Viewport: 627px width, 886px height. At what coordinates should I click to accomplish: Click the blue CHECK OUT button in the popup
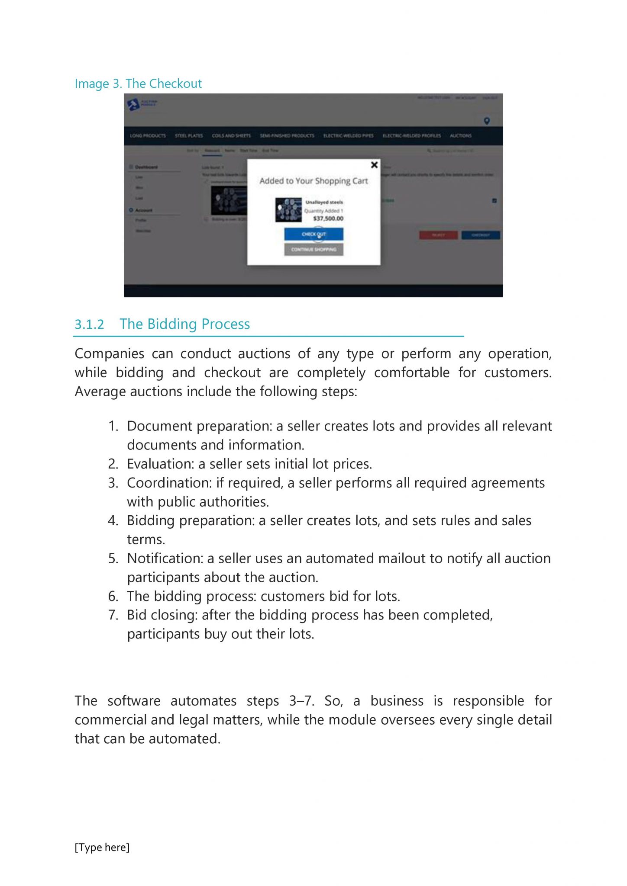point(313,234)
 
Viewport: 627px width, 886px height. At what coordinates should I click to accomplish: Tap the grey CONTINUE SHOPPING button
point(313,250)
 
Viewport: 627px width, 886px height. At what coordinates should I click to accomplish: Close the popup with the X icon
point(374,165)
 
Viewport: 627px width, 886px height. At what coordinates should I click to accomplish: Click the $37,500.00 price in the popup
point(328,218)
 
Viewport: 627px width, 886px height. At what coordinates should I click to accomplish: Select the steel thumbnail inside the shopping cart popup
point(288,210)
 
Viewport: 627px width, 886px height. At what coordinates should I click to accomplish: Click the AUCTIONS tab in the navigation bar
point(460,136)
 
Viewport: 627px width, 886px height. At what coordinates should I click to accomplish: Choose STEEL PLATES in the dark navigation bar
point(189,136)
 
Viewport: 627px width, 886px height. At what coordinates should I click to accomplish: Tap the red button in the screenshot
point(438,235)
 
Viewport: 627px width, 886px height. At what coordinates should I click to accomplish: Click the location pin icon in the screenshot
point(487,121)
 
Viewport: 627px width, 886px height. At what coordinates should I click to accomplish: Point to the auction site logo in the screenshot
point(141,104)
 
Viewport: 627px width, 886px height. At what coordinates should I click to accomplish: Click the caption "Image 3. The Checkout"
point(138,83)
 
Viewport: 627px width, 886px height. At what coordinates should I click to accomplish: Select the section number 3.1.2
point(89,324)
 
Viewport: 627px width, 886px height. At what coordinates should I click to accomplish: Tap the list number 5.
point(113,559)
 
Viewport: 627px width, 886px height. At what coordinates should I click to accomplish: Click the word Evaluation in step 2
point(160,464)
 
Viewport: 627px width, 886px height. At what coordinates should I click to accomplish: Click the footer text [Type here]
point(102,847)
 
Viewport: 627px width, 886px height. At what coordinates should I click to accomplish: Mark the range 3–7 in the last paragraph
point(301,701)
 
